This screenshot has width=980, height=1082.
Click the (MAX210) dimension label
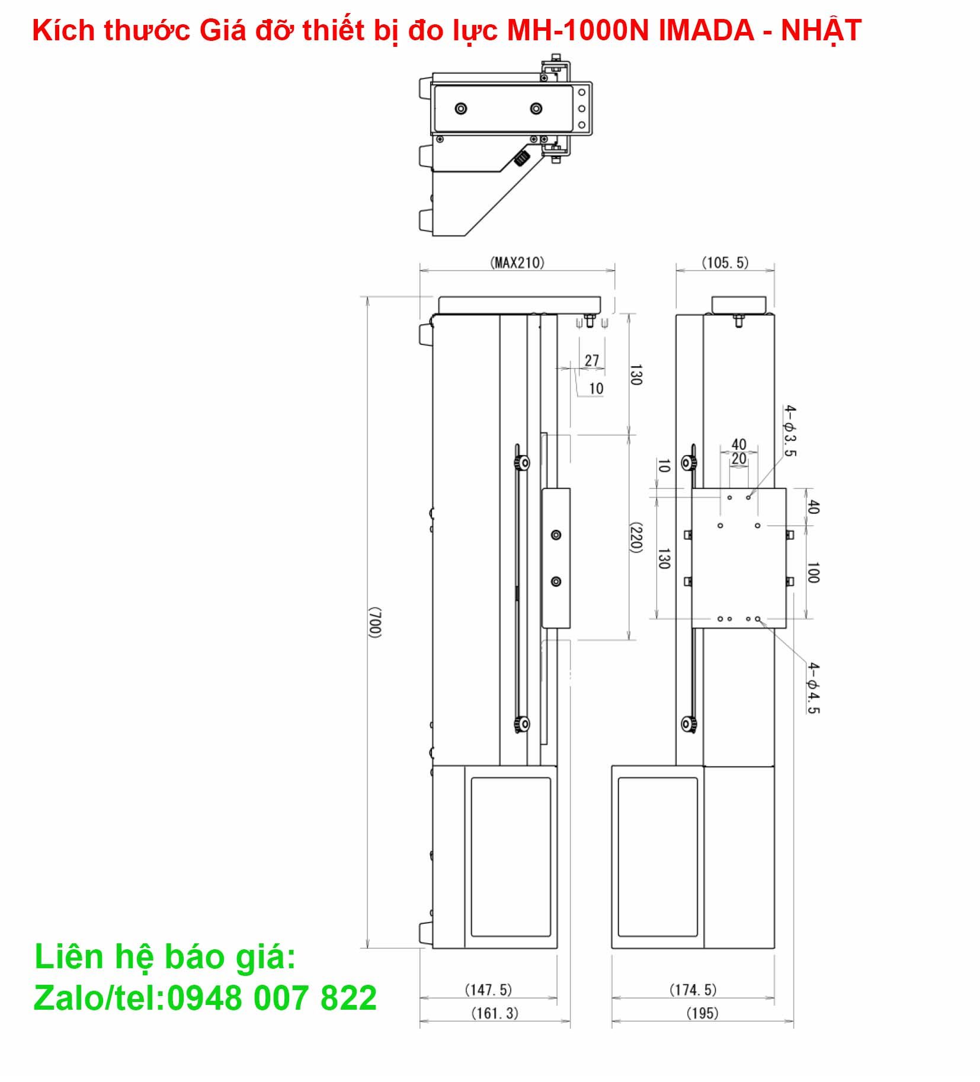517,263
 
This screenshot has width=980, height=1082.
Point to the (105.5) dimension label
725,263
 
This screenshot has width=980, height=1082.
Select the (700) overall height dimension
374,622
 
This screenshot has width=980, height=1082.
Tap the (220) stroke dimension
635,537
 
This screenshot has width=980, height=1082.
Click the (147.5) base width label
488,989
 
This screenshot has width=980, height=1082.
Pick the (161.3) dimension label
494,1013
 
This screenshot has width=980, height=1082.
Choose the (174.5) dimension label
693,989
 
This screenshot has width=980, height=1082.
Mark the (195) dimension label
702,1013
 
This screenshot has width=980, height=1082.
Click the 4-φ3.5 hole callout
790,430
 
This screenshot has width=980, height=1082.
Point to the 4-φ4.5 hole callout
814,688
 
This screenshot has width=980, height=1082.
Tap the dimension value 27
592,360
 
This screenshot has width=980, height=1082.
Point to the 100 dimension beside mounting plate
813,572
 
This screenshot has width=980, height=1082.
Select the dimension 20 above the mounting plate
738,459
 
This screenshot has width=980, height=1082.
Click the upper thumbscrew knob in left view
521,462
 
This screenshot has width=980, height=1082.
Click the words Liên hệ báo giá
165,958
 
